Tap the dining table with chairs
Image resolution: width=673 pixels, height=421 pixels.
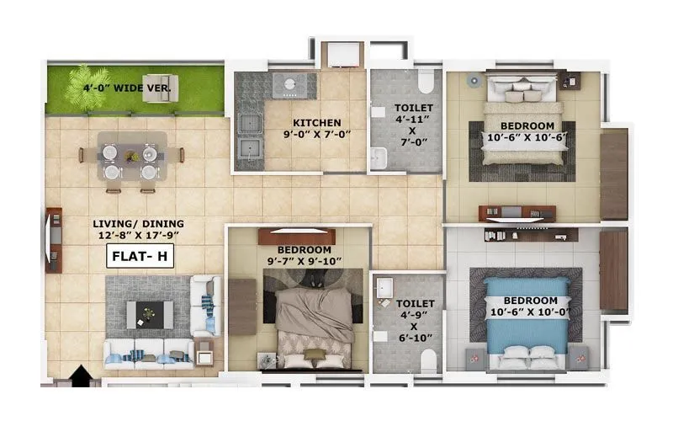pos(130,156)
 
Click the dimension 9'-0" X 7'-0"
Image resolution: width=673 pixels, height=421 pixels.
pos(316,133)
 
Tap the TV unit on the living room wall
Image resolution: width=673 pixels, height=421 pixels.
pos(53,240)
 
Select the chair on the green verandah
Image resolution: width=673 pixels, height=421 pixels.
pos(160,88)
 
